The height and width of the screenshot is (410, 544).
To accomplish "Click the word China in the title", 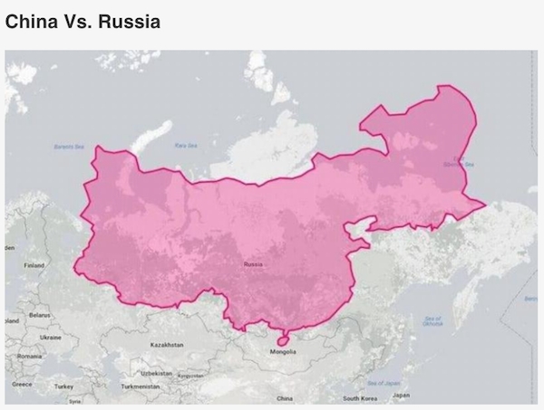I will [x=34, y=21].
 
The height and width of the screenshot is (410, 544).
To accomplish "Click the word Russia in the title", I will [x=128, y=21].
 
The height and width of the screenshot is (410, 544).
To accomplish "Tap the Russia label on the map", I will [x=253, y=264].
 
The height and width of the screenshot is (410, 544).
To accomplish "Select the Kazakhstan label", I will [x=166, y=345].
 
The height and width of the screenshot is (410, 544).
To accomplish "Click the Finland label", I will [x=34, y=265].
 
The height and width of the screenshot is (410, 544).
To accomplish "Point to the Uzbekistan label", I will [x=157, y=372].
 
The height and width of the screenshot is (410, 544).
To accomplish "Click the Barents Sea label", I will [x=68, y=146].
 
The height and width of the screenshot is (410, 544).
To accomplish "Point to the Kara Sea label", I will [x=186, y=145].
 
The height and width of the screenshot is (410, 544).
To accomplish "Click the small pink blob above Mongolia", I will [x=282, y=339].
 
